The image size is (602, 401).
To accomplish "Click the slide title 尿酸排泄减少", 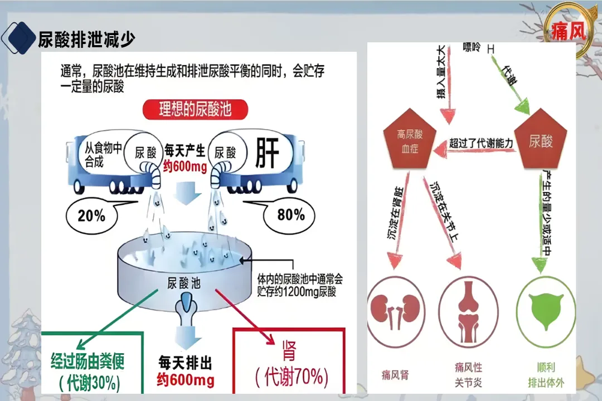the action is [x=86, y=39].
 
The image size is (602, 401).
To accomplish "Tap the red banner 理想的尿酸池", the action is [x=195, y=109].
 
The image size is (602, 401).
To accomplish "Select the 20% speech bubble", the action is [x=92, y=215].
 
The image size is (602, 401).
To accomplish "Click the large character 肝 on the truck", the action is [x=267, y=154].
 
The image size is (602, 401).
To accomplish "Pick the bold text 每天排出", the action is [x=185, y=363].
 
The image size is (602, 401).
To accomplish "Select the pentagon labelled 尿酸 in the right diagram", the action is [x=540, y=141].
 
